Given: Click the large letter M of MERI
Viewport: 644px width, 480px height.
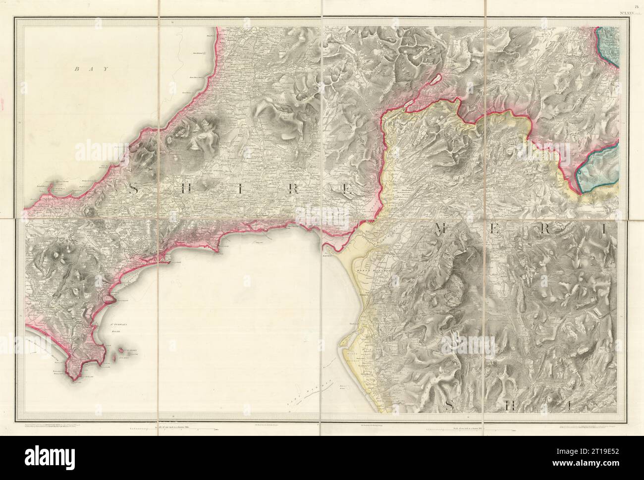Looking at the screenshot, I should coord(442,228).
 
